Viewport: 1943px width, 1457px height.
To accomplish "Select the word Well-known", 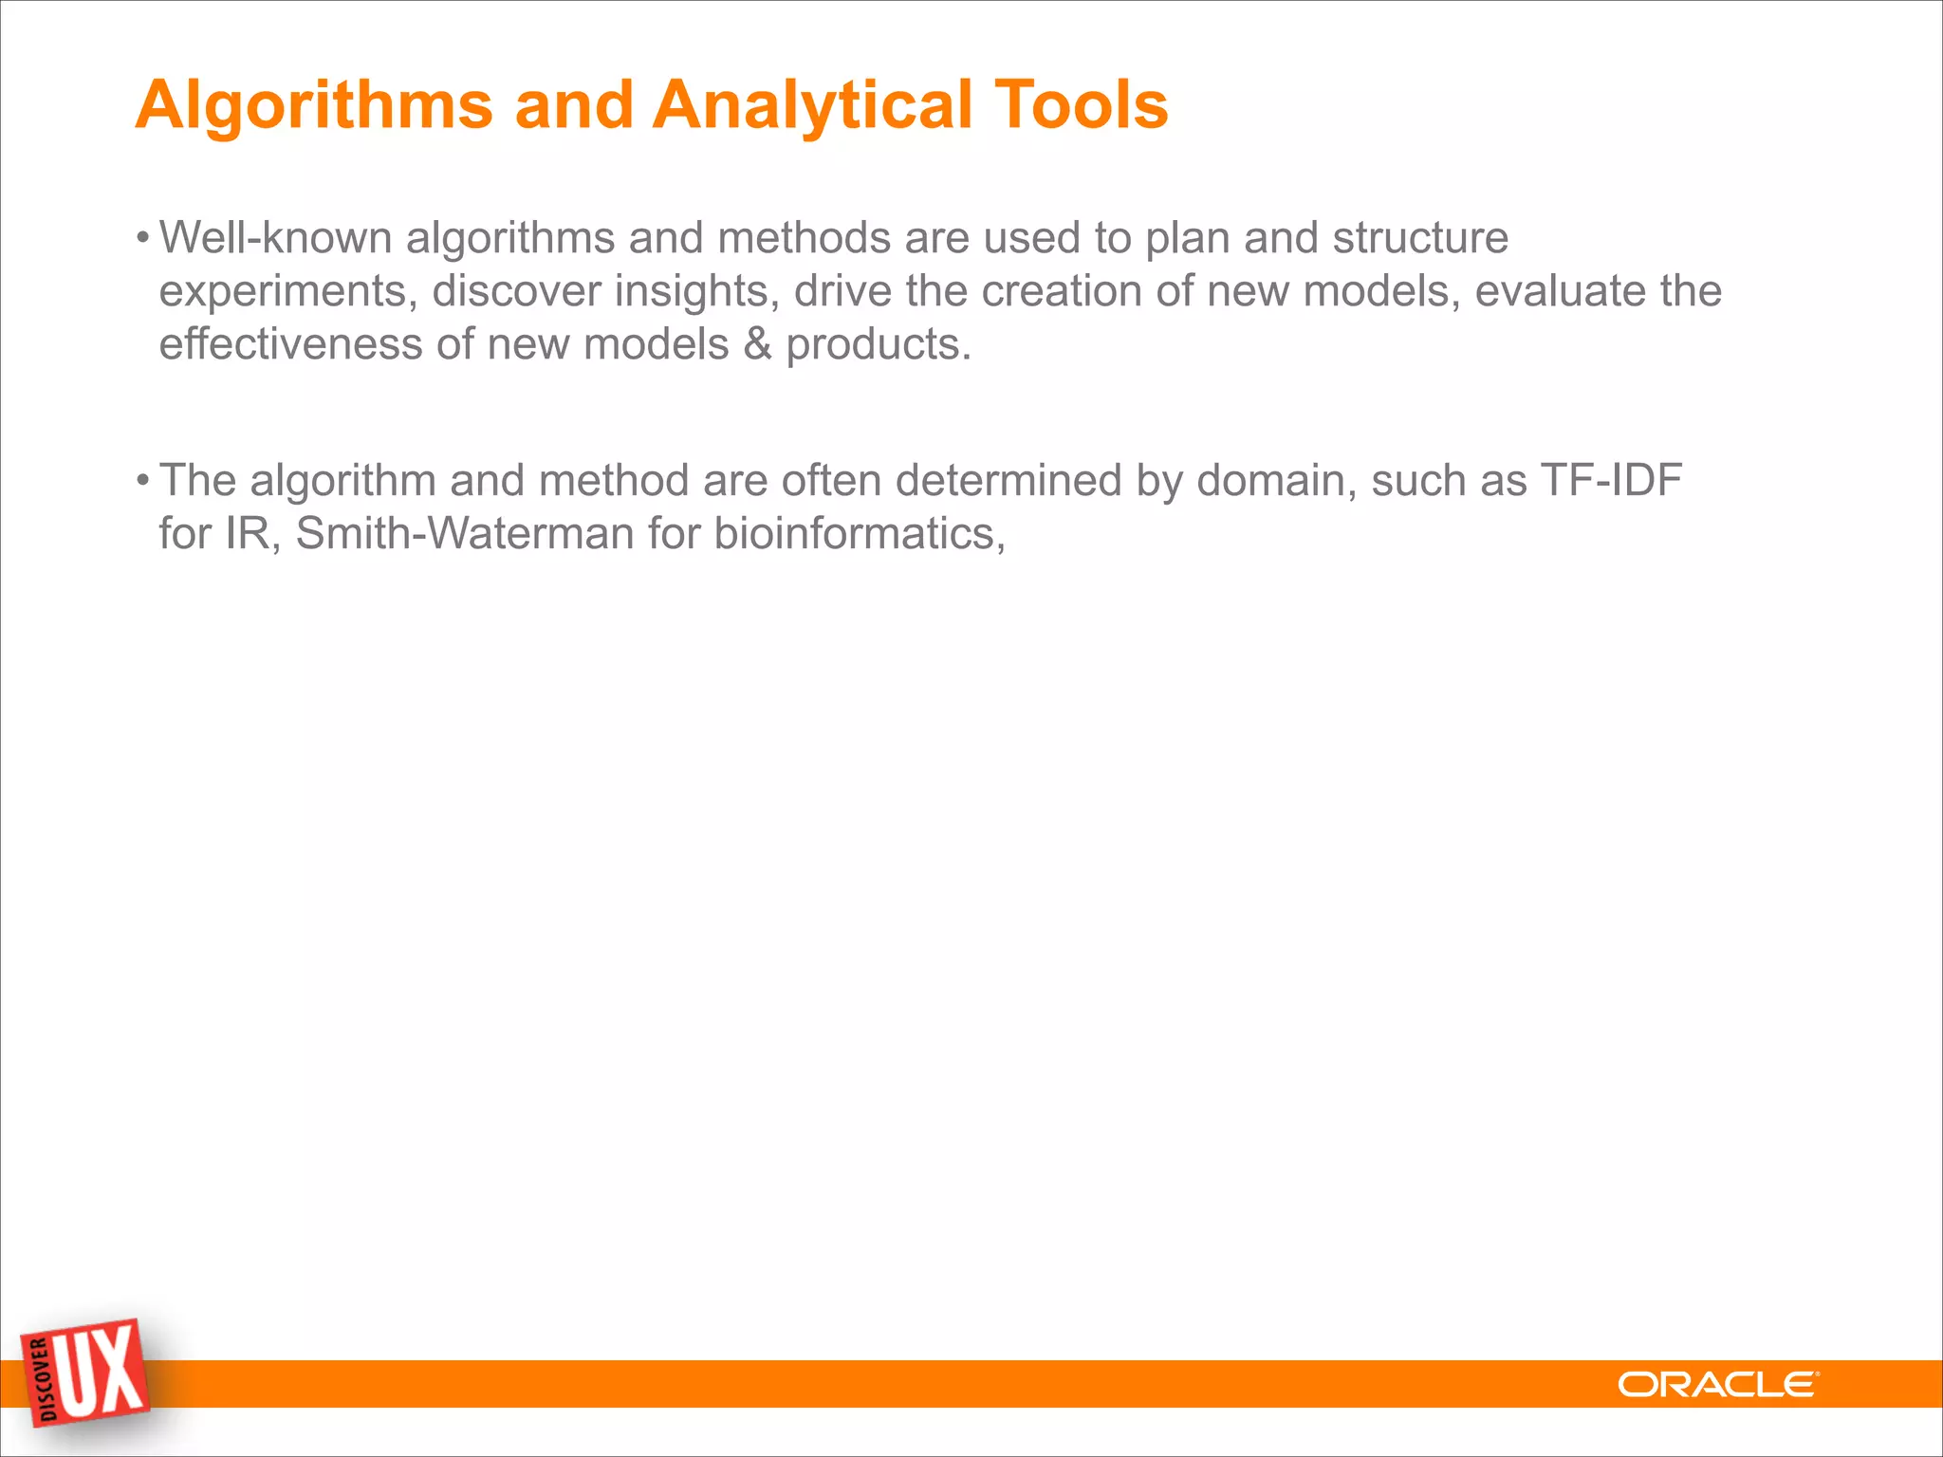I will [x=275, y=237].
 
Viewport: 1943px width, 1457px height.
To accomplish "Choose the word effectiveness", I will [x=290, y=344].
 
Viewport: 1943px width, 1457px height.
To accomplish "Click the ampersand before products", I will [x=757, y=344].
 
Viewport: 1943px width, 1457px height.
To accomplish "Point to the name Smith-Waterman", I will [x=465, y=533].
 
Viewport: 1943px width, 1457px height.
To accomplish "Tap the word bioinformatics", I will [x=859, y=533].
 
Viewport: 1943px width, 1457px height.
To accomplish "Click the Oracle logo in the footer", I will [x=1718, y=1385].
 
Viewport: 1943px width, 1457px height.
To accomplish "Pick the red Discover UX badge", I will [x=85, y=1373].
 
